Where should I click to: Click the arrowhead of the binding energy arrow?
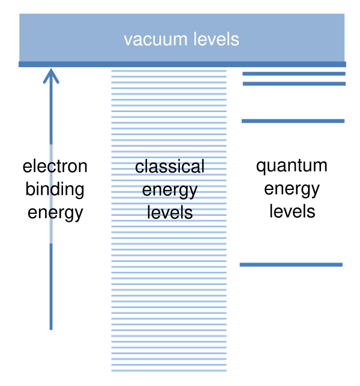(x=51, y=74)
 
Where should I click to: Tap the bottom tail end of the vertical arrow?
(x=51, y=328)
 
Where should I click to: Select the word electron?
(x=55, y=166)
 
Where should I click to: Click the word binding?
(x=55, y=189)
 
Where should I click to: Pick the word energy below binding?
(x=55, y=212)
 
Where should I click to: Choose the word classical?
(x=170, y=166)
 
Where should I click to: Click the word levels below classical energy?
(x=170, y=212)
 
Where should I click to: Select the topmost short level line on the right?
(x=294, y=74)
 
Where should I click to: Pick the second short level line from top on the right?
(x=294, y=83)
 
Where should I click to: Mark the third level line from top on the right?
(x=293, y=121)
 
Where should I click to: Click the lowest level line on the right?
(x=291, y=264)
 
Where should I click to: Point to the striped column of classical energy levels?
(x=169, y=300)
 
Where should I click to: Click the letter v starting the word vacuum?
(x=128, y=40)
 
